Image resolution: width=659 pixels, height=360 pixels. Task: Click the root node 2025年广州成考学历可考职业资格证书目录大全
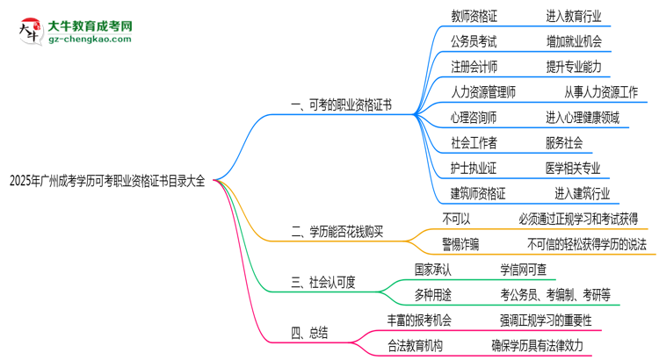pyautogui.click(x=106, y=182)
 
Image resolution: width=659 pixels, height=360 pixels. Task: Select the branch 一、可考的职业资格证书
pyautogui.click(x=341, y=104)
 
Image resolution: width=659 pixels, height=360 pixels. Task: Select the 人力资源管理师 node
pyautogui.click(x=483, y=91)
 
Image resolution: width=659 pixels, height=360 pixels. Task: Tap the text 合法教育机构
pyautogui.click(x=423, y=344)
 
